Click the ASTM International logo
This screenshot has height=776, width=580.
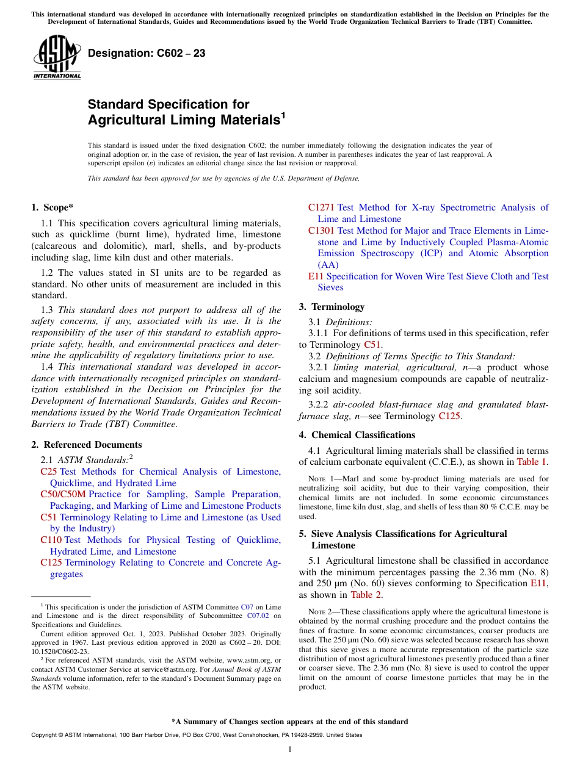pyautogui.click(x=57, y=57)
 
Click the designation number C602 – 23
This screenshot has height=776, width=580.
pyautogui.click(x=147, y=54)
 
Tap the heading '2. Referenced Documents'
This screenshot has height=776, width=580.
pyautogui.click(x=87, y=445)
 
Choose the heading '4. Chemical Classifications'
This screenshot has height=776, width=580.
pyautogui.click(x=357, y=435)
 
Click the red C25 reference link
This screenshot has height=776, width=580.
pyautogui.click(x=49, y=472)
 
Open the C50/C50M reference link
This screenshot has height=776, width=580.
pyautogui.click(x=63, y=494)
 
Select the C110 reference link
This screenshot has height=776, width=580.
pyautogui.click(x=51, y=540)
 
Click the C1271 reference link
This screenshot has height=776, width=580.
pyautogui.click(x=321, y=207)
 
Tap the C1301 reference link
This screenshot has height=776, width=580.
pyautogui.click(x=321, y=231)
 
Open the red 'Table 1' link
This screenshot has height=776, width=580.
pyautogui.click(x=532, y=462)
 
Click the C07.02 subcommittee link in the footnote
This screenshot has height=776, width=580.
pyautogui.click(x=256, y=616)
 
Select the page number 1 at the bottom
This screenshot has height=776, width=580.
pyautogui.click(x=290, y=750)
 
